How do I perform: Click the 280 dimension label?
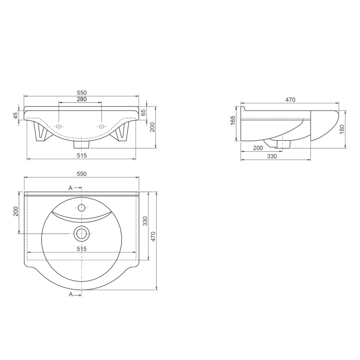[82, 99]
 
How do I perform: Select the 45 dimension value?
[16, 115]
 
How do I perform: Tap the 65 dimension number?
[143, 112]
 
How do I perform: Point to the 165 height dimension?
[233, 120]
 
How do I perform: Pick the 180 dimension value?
[342, 129]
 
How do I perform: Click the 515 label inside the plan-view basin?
[82, 249]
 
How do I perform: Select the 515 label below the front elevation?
[82, 156]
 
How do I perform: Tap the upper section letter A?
[70, 188]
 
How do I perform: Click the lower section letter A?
[71, 294]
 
